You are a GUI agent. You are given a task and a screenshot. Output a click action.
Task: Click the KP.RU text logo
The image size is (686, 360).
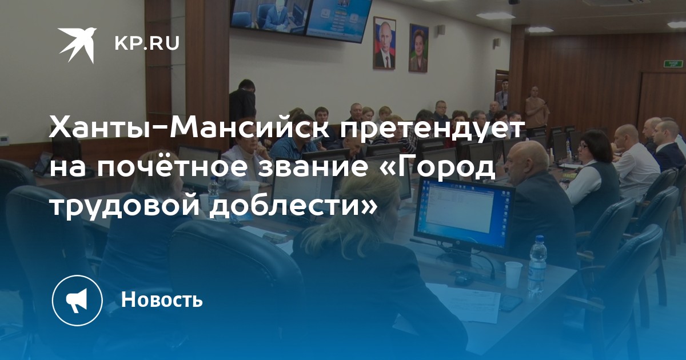pos(147,44)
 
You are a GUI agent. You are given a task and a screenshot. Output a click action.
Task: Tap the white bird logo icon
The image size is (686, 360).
pos(77,45)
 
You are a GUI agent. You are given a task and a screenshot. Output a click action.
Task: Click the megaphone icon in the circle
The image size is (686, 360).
pos(77,301)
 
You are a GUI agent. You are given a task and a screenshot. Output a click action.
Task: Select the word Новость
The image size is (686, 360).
pos(162,299)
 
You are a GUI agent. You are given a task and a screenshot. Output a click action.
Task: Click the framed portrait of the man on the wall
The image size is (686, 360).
pos(384,43)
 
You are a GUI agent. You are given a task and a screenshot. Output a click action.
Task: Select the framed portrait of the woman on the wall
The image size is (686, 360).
pos(418,48)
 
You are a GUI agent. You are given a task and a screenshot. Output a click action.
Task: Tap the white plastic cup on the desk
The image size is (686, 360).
pos(513,275)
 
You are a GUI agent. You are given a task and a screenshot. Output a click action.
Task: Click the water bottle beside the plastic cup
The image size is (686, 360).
pos(537,266)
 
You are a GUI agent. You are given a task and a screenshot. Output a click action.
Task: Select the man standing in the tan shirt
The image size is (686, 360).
pos(537,109)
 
